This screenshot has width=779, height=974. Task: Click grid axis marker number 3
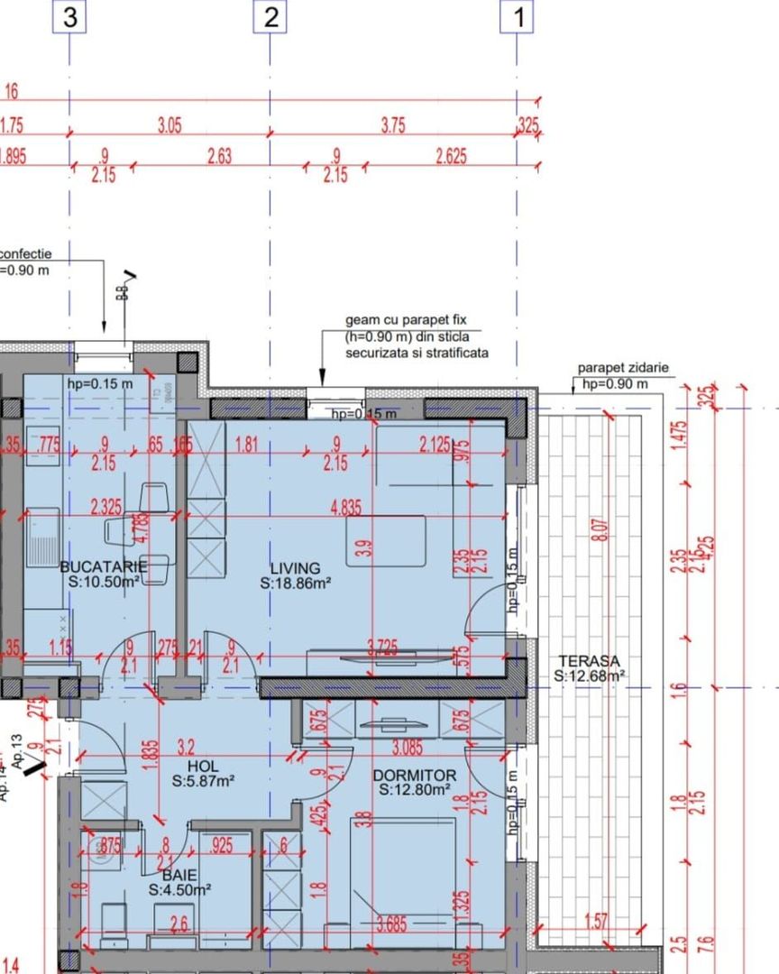(x=69, y=18)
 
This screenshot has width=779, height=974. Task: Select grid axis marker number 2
(x=270, y=18)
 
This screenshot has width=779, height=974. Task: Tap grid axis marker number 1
(x=518, y=18)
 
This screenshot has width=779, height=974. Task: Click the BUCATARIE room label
(x=103, y=566)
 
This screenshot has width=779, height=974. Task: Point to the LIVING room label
(x=295, y=568)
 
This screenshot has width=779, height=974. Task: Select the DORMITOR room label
(x=415, y=776)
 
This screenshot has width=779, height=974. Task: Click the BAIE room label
(x=179, y=874)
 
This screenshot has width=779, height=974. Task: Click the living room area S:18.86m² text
(x=296, y=583)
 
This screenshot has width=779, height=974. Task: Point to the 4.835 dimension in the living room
(x=347, y=509)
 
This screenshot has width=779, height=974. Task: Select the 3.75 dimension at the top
(x=393, y=127)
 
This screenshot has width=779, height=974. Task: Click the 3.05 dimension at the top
(x=170, y=127)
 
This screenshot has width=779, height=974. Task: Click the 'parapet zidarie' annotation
(x=623, y=369)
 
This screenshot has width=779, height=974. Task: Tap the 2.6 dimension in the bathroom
(x=179, y=923)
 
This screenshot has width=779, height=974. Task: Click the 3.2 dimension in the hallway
(x=187, y=747)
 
